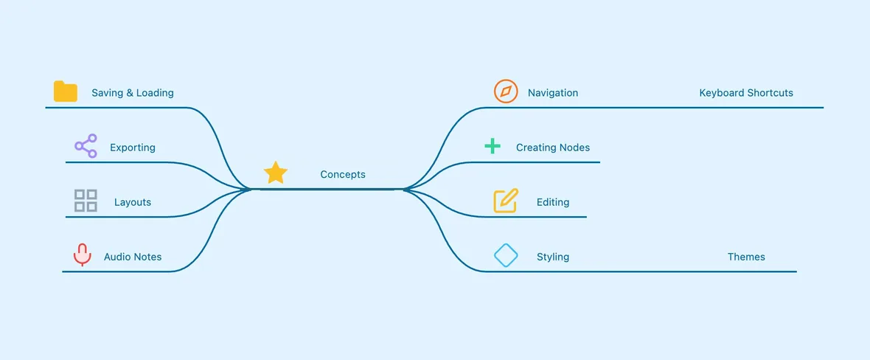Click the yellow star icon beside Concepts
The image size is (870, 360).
click(x=276, y=173)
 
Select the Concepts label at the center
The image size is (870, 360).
click(x=343, y=174)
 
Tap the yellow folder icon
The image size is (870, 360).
click(x=66, y=91)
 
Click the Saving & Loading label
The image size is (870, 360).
click(x=133, y=93)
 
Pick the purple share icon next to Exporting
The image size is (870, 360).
click(x=86, y=145)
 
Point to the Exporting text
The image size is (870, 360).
click(x=133, y=148)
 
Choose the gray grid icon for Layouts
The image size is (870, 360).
click(x=86, y=201)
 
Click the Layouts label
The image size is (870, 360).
click(x=133, y=202)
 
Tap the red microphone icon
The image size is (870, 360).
click(x=82, y=255)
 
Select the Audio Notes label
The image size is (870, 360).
click(x=133, y=257)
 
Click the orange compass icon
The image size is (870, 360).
click(x=506, y=91)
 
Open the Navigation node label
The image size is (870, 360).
click(x=553, y=93)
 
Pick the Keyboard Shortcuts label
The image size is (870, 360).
click(x=746, y=93)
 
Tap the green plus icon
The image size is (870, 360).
click(x=493, y=146)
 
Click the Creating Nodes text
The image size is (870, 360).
click(x=553, y=148)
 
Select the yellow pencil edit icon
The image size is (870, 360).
click(x=506, y=201)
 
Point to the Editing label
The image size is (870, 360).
click(x=553, y=202)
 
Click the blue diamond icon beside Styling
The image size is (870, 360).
click(x=506, y=255)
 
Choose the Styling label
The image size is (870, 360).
click(x=553, y=257)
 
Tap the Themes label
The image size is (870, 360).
click(x=746, y=257)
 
